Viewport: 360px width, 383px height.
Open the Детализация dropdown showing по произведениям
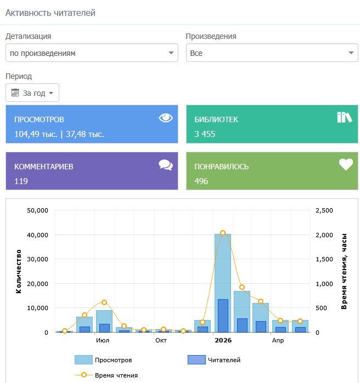pyautogui.click(x=92, y=53)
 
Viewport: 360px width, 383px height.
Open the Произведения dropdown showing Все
pyautogui.click(x=272, y=53)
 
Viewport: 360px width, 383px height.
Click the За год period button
pyautogui.click(x=32, y=93)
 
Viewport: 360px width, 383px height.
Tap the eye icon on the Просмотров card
pyautogui.click(x=166, y=118)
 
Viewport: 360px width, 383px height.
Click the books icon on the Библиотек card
pyautogui.click(x=344, y=117)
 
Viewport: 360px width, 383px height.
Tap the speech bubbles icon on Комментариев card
pyautogui.click(x=166, y=165)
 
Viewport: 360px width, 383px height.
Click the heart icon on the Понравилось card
pyautogui.click(x=346, y=164)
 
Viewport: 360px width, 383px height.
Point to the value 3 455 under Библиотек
pyautogui.click(x=205, y=134)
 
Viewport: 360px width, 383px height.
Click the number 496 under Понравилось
pyautogui.click(x=201, y=181)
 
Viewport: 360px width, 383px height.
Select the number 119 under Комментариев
pyautogui.click(x=21, y=181)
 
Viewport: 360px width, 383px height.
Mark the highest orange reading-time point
pyautogui.click(x=223, y=233)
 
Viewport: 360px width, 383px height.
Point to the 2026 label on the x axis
pyautogui.click(x=223, y=340)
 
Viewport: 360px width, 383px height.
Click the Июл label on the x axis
pyautogui.click(x=103, y=340)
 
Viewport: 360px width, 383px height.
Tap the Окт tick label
pyautogui.click(x=161, y=340)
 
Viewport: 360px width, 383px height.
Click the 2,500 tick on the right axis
pyautogui.click(x=324, y=210)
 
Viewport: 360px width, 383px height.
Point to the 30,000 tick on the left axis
pyautogui.click(x=37, y=259)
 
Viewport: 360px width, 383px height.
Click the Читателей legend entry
pyautogui.click(x=214, y=360)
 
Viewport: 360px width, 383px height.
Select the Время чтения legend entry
pyautogui.click(x=106, y=375)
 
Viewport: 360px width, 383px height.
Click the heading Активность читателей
pyautogui.click(x=50, y=13)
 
